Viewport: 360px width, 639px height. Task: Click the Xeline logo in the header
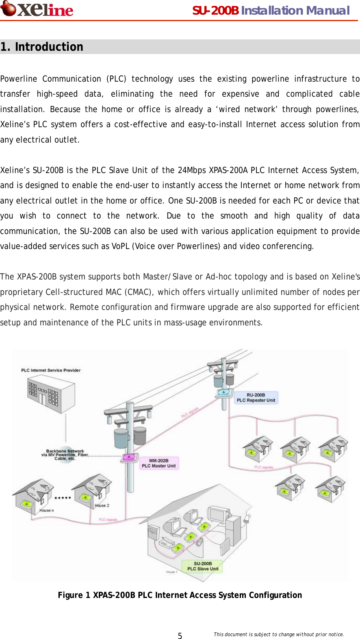pos(37,9)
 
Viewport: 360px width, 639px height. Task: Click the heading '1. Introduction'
pos(42,47)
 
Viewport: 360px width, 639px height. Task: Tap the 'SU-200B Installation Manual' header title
pos(271,11)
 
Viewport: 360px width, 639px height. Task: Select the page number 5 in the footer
pos(180,636)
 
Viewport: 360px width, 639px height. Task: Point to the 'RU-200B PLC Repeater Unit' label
pos(256,398)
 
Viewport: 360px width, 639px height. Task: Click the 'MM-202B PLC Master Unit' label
pos(159,464)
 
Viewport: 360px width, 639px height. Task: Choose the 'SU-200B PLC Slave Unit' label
pos(203,566)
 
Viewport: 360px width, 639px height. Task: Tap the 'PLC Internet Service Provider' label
pos(51,370)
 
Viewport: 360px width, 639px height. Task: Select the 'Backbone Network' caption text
pos(65,451)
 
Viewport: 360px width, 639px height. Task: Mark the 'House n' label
pos(46,510)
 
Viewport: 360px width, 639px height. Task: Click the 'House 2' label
pos(102,506)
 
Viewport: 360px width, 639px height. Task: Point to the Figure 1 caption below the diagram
pos(180,595)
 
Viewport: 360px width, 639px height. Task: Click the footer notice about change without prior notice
pos(279,635)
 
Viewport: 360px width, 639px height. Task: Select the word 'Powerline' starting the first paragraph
pos(19,79)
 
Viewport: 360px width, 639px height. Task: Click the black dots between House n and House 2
pos(63,498)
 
